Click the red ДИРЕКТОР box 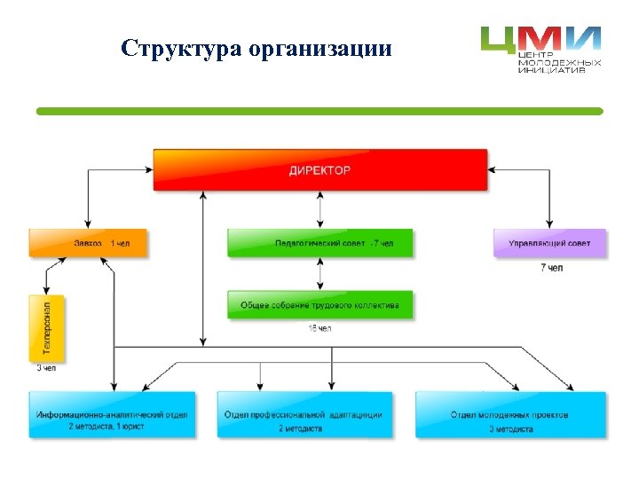(x=319, y=169)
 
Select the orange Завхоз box (x=87, y=243)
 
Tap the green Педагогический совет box (x=319, y=243)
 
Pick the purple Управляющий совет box (x=549, y=243)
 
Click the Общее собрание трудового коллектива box (x=319, y=305)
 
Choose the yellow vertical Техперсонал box (x=47, y=327)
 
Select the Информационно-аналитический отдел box (x=111, y=414)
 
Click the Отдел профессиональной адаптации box (x=303, y=414)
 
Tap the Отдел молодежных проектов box (x=510, y=414)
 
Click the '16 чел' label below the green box (x=319, y=329)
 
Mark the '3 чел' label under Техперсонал (x=46, y=367)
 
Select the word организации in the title (x=320, y=49)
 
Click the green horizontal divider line (x=319, y=111)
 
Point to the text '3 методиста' (x=510, y=429)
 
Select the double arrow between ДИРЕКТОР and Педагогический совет (x=320, y=209)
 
